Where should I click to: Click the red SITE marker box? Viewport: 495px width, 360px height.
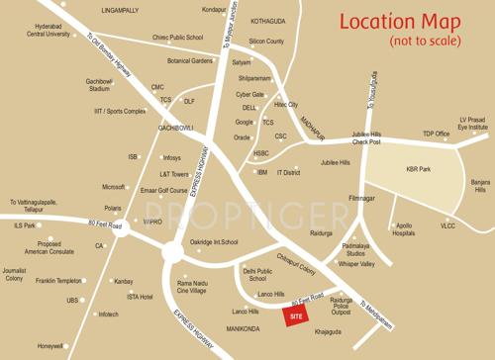coord(294,315)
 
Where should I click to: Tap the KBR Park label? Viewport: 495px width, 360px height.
coord(419,169)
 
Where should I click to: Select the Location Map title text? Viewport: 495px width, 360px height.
coord(401,22)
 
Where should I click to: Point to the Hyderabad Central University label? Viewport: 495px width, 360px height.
coord(49,29)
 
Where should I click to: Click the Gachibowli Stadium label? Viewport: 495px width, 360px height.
coord(99,84)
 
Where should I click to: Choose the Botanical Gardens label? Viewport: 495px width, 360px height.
coord(190,60)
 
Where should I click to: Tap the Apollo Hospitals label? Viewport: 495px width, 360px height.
coord(404,229)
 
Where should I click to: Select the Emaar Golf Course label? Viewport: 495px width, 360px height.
coord(164,190)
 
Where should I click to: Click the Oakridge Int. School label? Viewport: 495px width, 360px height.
coord(214,242)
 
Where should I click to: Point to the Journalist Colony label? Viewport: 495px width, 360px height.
coord(14,274)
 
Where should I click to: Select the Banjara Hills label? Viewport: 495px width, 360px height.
coord(480,186)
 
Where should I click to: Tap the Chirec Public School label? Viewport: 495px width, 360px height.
coord(178,38)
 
